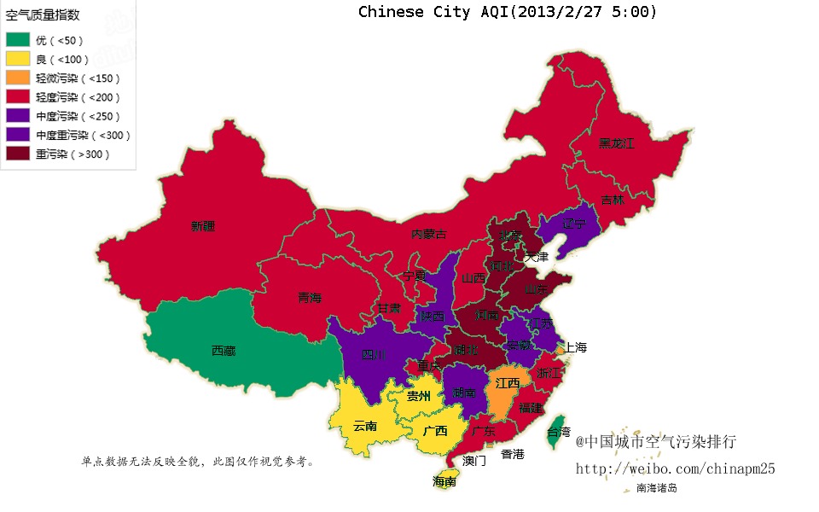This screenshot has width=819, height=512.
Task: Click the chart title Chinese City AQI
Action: coord(508,12)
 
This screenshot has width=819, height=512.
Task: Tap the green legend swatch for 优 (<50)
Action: coord(18,40)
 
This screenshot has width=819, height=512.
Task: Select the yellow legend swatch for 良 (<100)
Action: coord(18,59)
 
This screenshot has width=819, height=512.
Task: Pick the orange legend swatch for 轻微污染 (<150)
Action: coord(18,78)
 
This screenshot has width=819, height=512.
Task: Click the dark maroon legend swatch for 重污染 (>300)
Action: coord(18,154)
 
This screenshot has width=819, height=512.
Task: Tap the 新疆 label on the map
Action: coord(203,226)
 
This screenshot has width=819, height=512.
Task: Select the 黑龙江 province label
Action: coord(616,143)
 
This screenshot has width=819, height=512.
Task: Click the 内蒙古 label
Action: coord(428,234)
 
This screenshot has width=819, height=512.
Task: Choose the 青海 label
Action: coord(310,298)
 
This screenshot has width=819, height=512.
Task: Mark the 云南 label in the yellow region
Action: coord(365,426)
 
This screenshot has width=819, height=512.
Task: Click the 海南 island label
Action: coord(444,481)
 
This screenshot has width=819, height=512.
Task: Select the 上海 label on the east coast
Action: coord(576,347)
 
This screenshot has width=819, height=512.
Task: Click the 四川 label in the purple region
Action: coord(374,354)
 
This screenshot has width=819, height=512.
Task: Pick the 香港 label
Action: coord(513,454)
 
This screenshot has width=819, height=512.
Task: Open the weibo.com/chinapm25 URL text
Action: coord(675,468)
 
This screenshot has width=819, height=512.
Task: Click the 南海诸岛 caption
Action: coord(656,489)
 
